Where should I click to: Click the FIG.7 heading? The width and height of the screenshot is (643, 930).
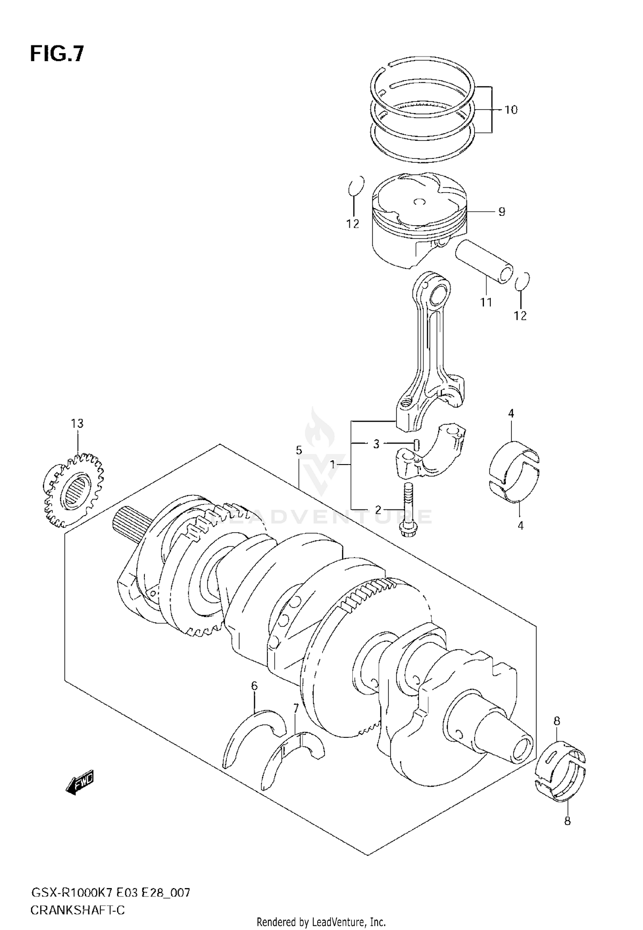click(x=57, y=54)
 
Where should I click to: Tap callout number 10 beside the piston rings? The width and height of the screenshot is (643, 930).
click(x=511, y=110)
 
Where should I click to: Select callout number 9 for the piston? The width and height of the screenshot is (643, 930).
click(x=502, y=212)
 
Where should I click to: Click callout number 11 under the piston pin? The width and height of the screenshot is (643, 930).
click(x=486, y=302)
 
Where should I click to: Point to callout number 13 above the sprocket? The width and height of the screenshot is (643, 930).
click(x=77, y=423)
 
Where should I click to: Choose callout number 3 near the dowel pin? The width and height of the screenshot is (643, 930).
click(x=376, y=444)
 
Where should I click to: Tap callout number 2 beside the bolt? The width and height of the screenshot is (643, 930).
click(x=378, y=510)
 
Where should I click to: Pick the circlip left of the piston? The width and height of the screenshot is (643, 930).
click(x=356, y=187)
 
